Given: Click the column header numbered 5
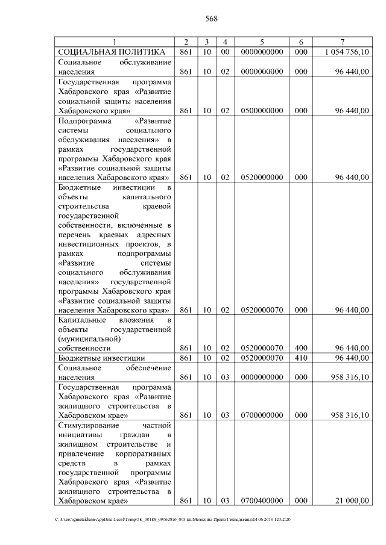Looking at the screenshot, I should click(x=261, y=42).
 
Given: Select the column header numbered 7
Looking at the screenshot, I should click(x=341, y=42).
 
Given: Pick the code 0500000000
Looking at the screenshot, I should click(x=261, y=110).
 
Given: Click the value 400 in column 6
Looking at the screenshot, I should click(x=301, y=348).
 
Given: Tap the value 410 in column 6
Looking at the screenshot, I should click(x=301, y=358).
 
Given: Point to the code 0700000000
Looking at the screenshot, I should click(x=261, y=415).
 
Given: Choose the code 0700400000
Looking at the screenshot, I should click(x=261, y=500).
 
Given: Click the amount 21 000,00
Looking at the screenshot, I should click(x=352, y=500).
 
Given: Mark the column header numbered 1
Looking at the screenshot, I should click(x=115, y=42).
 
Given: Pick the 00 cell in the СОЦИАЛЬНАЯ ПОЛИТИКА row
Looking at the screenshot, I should click(x=224, y=52).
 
